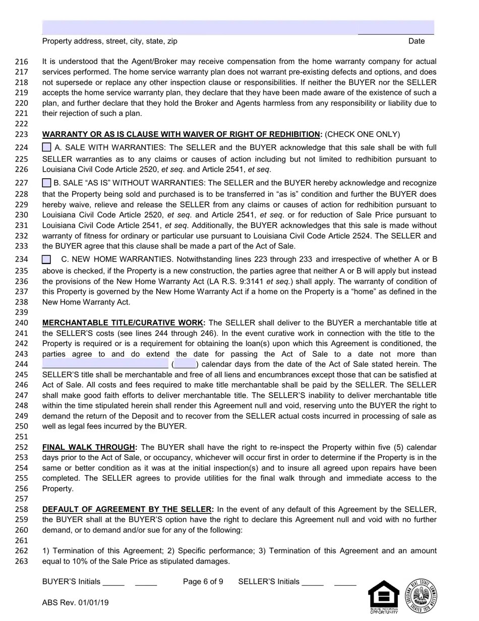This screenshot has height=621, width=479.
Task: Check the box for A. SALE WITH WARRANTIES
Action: [46, 147]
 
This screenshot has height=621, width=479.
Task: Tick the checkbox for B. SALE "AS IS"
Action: [46, 183]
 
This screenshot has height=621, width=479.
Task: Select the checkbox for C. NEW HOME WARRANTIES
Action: [46, 260]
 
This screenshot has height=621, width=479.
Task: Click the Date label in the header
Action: [416, 41]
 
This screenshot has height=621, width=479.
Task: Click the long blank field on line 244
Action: [105, 364]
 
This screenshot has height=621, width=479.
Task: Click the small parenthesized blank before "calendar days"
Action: [185, 364]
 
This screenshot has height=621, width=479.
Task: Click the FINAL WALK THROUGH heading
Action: [89, 447]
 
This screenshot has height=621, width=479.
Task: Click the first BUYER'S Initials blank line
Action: [113, 582]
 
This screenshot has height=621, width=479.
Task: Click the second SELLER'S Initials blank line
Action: [345, 582]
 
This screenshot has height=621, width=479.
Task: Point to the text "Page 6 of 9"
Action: [203, 582]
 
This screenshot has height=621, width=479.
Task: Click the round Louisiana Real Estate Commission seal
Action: [422, 596]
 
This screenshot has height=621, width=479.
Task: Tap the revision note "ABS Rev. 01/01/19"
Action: [75, 602]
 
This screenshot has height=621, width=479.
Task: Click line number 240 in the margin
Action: [22, 323]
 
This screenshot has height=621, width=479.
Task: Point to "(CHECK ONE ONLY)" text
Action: [363, 134]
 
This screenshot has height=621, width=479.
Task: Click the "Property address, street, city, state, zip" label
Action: [109, 41]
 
